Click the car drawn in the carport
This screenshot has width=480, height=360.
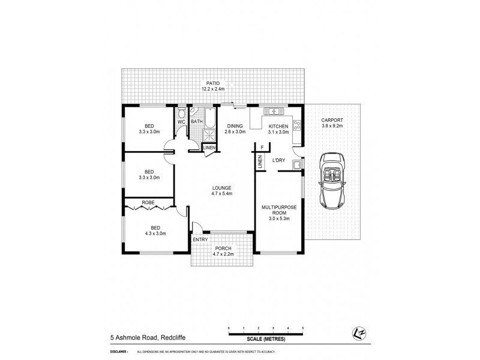pyautogui.click(x=332, y=179)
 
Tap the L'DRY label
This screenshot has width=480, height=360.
pyautogui.click(x=278, y=161)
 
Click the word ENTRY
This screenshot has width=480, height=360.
pyautogui.click(x=200, y=241)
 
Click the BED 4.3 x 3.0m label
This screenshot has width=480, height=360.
pyautogui.click(x=155, y=230)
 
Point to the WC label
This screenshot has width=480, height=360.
pyautogui.click(x=181, y=122)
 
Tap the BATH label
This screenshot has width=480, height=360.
pyautogui.click(x=197, y=122)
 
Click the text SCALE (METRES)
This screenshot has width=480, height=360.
pyautogui.click(x=266, y=339)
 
